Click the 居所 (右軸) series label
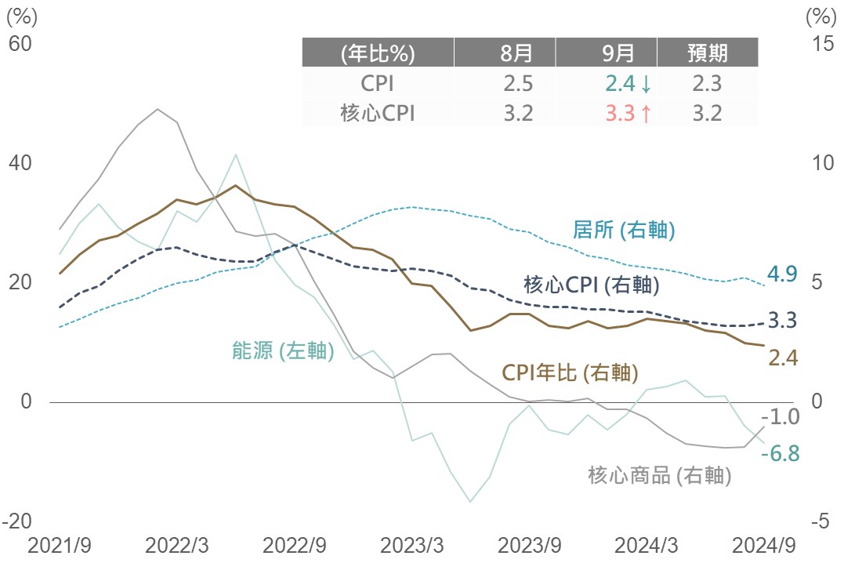tap(624, 231)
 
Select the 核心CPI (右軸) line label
tap(591, 285)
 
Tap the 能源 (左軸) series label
tap(283, 351)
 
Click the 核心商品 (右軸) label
tap(659, 474)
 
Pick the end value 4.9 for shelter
tap(782, 274)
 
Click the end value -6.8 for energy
tap(781, 453)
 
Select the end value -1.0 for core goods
tap(781, 416)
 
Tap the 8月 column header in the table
tap(517, 53)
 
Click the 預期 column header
tap(708, 53)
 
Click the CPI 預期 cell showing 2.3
tap(707, 84)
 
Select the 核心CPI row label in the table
tap(378, 114)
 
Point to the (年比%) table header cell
tap(378, 53)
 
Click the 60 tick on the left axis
tap(20, 44)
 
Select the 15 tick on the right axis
tap(824, 44)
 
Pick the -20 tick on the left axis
tap(16, 521)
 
